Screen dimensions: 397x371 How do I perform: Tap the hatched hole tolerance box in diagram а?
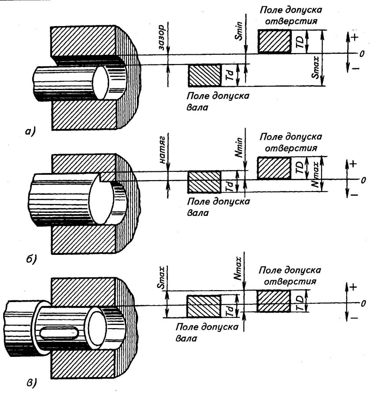[274, 42]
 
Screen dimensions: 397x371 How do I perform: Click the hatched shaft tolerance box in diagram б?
[204, 181]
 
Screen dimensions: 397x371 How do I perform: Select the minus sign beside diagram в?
[353, 317]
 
